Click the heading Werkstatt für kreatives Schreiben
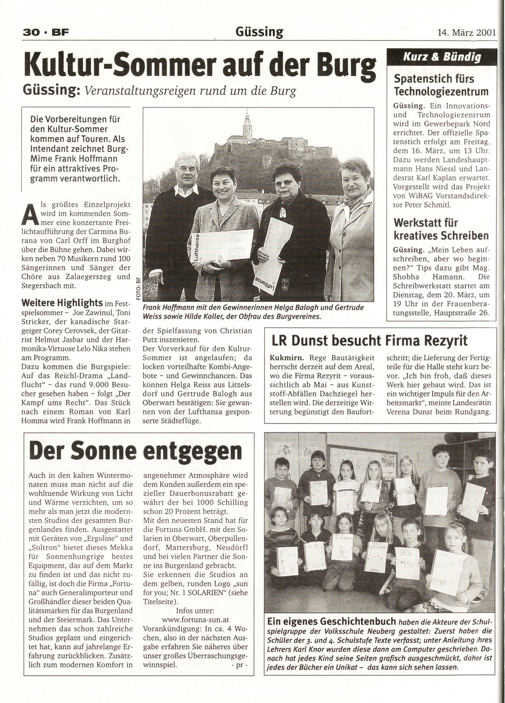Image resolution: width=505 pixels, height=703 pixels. (x=441, y=229)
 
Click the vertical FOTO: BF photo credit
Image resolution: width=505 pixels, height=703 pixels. (x=139, y=288)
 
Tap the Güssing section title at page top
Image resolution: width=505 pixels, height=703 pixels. (x=259, y=32)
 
